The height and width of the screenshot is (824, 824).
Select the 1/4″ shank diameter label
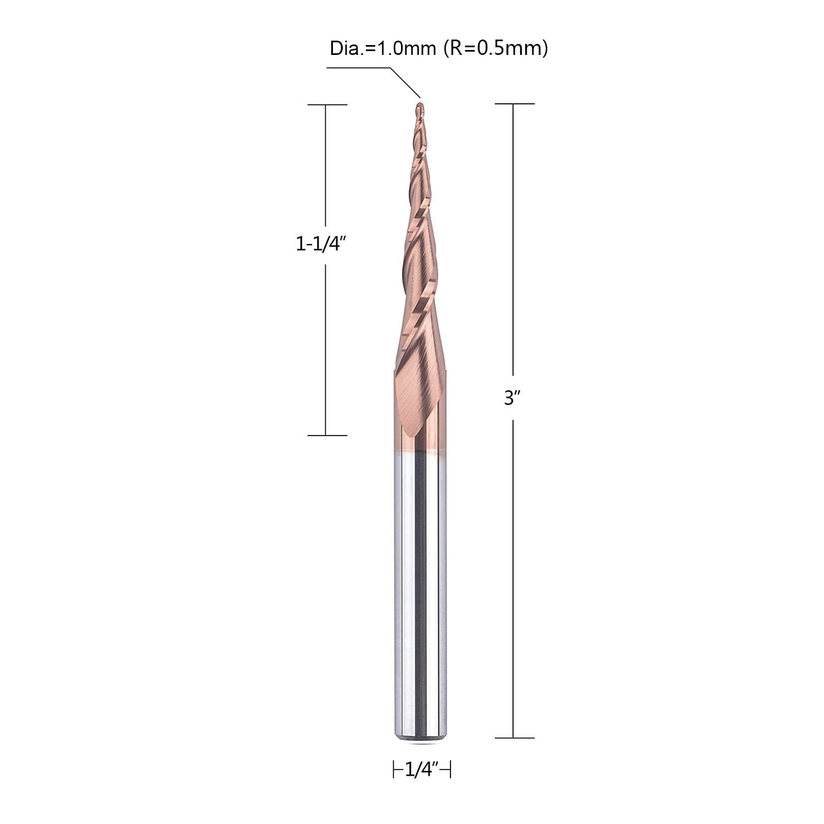[421, 771]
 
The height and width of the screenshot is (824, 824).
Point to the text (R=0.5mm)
[494, 48]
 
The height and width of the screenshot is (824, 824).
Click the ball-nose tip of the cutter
[420, 105]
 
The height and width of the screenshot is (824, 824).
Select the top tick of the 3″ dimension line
[514, 103]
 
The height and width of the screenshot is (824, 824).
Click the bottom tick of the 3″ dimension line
[514, 738]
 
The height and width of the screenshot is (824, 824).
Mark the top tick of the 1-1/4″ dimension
[327, 104]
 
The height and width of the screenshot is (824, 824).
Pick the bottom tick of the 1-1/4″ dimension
[327, 435]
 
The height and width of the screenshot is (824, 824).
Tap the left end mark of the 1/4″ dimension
[394, 770]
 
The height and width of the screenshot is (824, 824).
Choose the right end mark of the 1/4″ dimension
[450, 770]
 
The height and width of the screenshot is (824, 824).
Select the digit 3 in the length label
[508, 398]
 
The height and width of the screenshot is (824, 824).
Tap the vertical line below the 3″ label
[513, 577]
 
